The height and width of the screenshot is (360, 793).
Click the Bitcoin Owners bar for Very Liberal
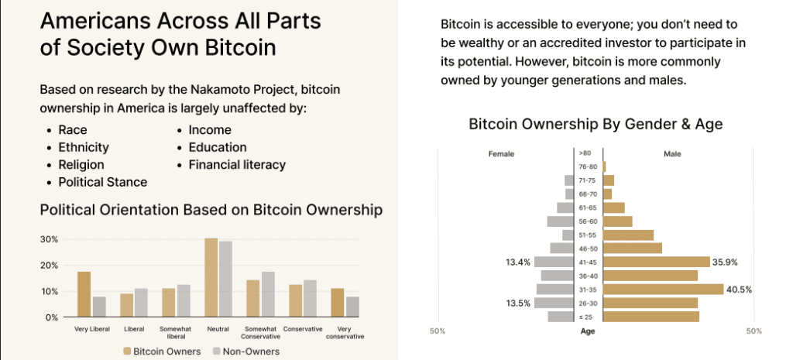(x=84, y=294)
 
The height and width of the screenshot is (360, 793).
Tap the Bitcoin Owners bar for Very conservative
(x=337, y=303)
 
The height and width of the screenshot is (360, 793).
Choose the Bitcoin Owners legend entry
(x=161, y=351)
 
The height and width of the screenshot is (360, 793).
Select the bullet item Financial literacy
(x=237, y=164)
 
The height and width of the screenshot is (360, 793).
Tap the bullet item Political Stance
(x=102, y=182)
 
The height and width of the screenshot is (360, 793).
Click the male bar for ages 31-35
(x=663, y=290)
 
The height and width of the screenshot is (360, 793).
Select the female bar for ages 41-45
(x=552, y=262)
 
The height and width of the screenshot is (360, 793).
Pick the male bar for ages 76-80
(x=604, y=166)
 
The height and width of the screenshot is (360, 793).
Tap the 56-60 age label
(x=587, y=221)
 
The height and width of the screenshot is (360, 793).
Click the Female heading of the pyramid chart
(x=501, y=153)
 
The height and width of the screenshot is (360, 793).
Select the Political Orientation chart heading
(x=211, y=210)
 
